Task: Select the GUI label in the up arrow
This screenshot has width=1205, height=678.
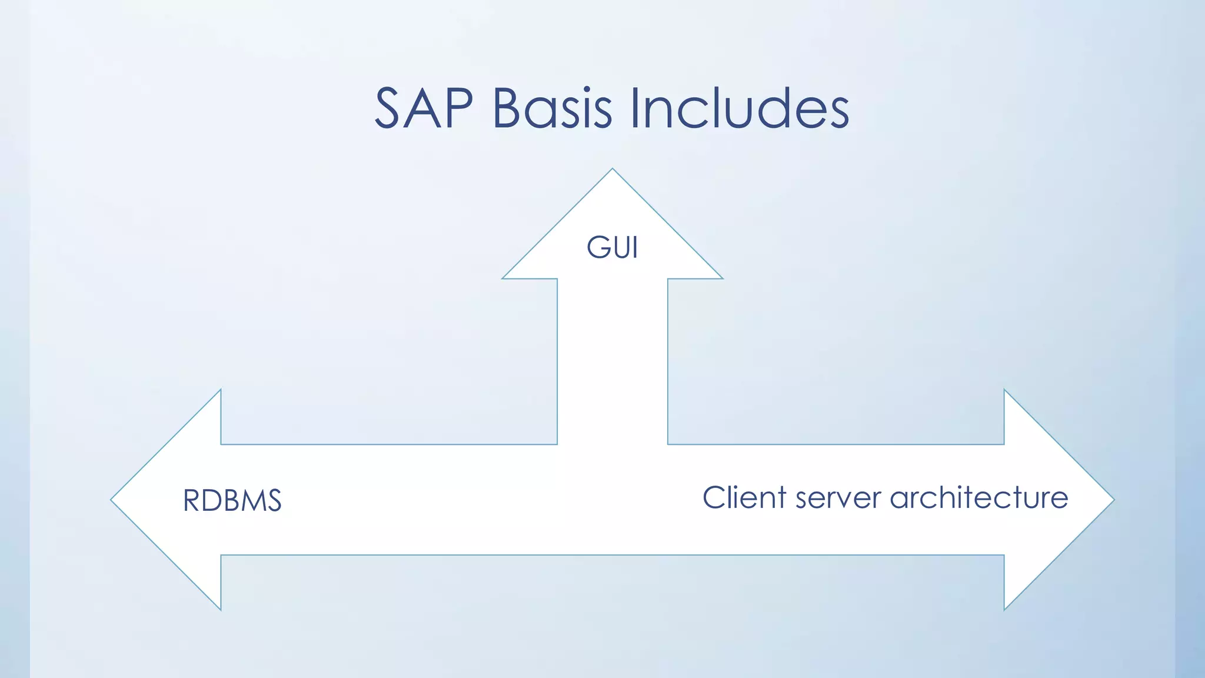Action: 612,247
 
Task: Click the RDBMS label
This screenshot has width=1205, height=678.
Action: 232,501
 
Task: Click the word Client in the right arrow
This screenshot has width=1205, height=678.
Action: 744,497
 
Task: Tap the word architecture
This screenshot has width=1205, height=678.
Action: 978,497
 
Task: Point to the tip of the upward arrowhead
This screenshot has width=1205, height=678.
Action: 612,170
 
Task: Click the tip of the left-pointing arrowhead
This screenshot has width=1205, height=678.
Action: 112,500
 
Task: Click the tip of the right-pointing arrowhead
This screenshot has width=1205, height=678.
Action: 1113,500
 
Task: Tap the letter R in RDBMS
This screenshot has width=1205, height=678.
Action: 192,501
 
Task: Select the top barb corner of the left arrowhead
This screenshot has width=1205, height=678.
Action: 221,391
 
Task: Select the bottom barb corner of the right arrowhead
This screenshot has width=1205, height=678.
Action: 1004,609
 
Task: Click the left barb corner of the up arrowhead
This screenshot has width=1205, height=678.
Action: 504,278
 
